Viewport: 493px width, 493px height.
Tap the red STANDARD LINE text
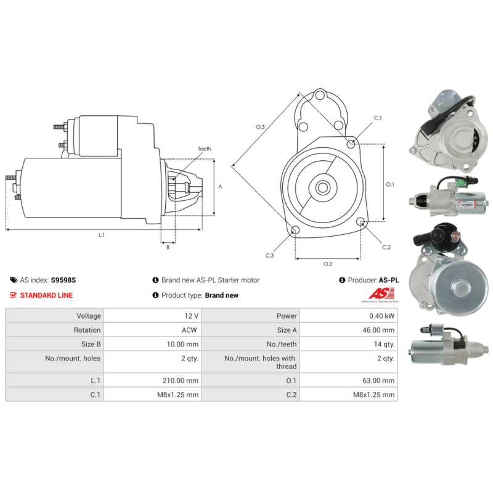point(46,295)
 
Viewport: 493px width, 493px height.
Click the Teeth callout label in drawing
point(204,149)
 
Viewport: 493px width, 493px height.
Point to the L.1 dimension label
point(102,235)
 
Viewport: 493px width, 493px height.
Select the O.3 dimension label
point(261,127)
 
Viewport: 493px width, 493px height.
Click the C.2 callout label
point(386,247)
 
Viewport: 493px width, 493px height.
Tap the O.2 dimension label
point(328,264)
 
